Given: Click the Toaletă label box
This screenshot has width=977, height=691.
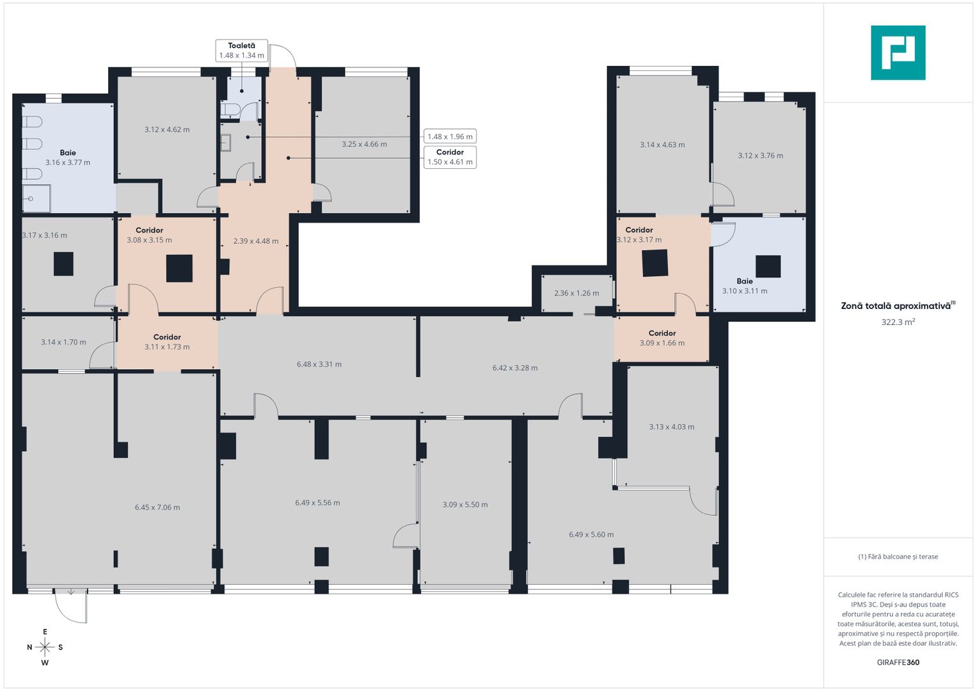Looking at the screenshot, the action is click(242, 51).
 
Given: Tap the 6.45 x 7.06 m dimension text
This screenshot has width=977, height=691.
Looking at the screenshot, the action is click(157, 507).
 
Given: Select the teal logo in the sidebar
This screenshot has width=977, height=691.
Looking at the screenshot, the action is click(898, 52).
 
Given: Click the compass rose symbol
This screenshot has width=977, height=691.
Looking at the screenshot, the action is click(45, 647).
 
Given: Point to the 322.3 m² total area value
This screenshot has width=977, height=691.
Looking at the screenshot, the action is click(898, 322).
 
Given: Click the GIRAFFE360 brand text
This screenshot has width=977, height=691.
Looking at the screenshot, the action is click(898, 662).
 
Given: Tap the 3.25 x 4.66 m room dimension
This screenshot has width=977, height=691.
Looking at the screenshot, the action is click(364, 144).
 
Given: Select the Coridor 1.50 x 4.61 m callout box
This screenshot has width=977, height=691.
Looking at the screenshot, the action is click(450, 157).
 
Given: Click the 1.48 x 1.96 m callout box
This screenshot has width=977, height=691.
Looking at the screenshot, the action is click(450, 136).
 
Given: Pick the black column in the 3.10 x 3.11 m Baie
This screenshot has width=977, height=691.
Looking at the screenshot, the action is click(768, 267).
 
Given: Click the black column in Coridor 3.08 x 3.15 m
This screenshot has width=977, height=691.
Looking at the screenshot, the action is click(179, 268).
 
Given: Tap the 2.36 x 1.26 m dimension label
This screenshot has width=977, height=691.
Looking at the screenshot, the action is click(576, 293).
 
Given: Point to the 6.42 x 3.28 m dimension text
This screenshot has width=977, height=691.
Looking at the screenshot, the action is click(515, 368).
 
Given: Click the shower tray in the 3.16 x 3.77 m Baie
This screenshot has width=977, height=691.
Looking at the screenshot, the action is click(36, 198).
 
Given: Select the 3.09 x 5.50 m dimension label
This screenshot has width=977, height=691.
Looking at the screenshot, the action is click(465, 505).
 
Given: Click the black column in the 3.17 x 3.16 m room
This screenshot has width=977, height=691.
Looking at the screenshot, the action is click(64, 264).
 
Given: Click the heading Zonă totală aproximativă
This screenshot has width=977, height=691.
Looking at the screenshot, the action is click(896, 306).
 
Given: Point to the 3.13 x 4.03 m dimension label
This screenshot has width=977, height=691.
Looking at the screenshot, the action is click(672, 427).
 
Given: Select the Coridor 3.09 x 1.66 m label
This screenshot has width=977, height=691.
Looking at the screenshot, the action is click(662, 338).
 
